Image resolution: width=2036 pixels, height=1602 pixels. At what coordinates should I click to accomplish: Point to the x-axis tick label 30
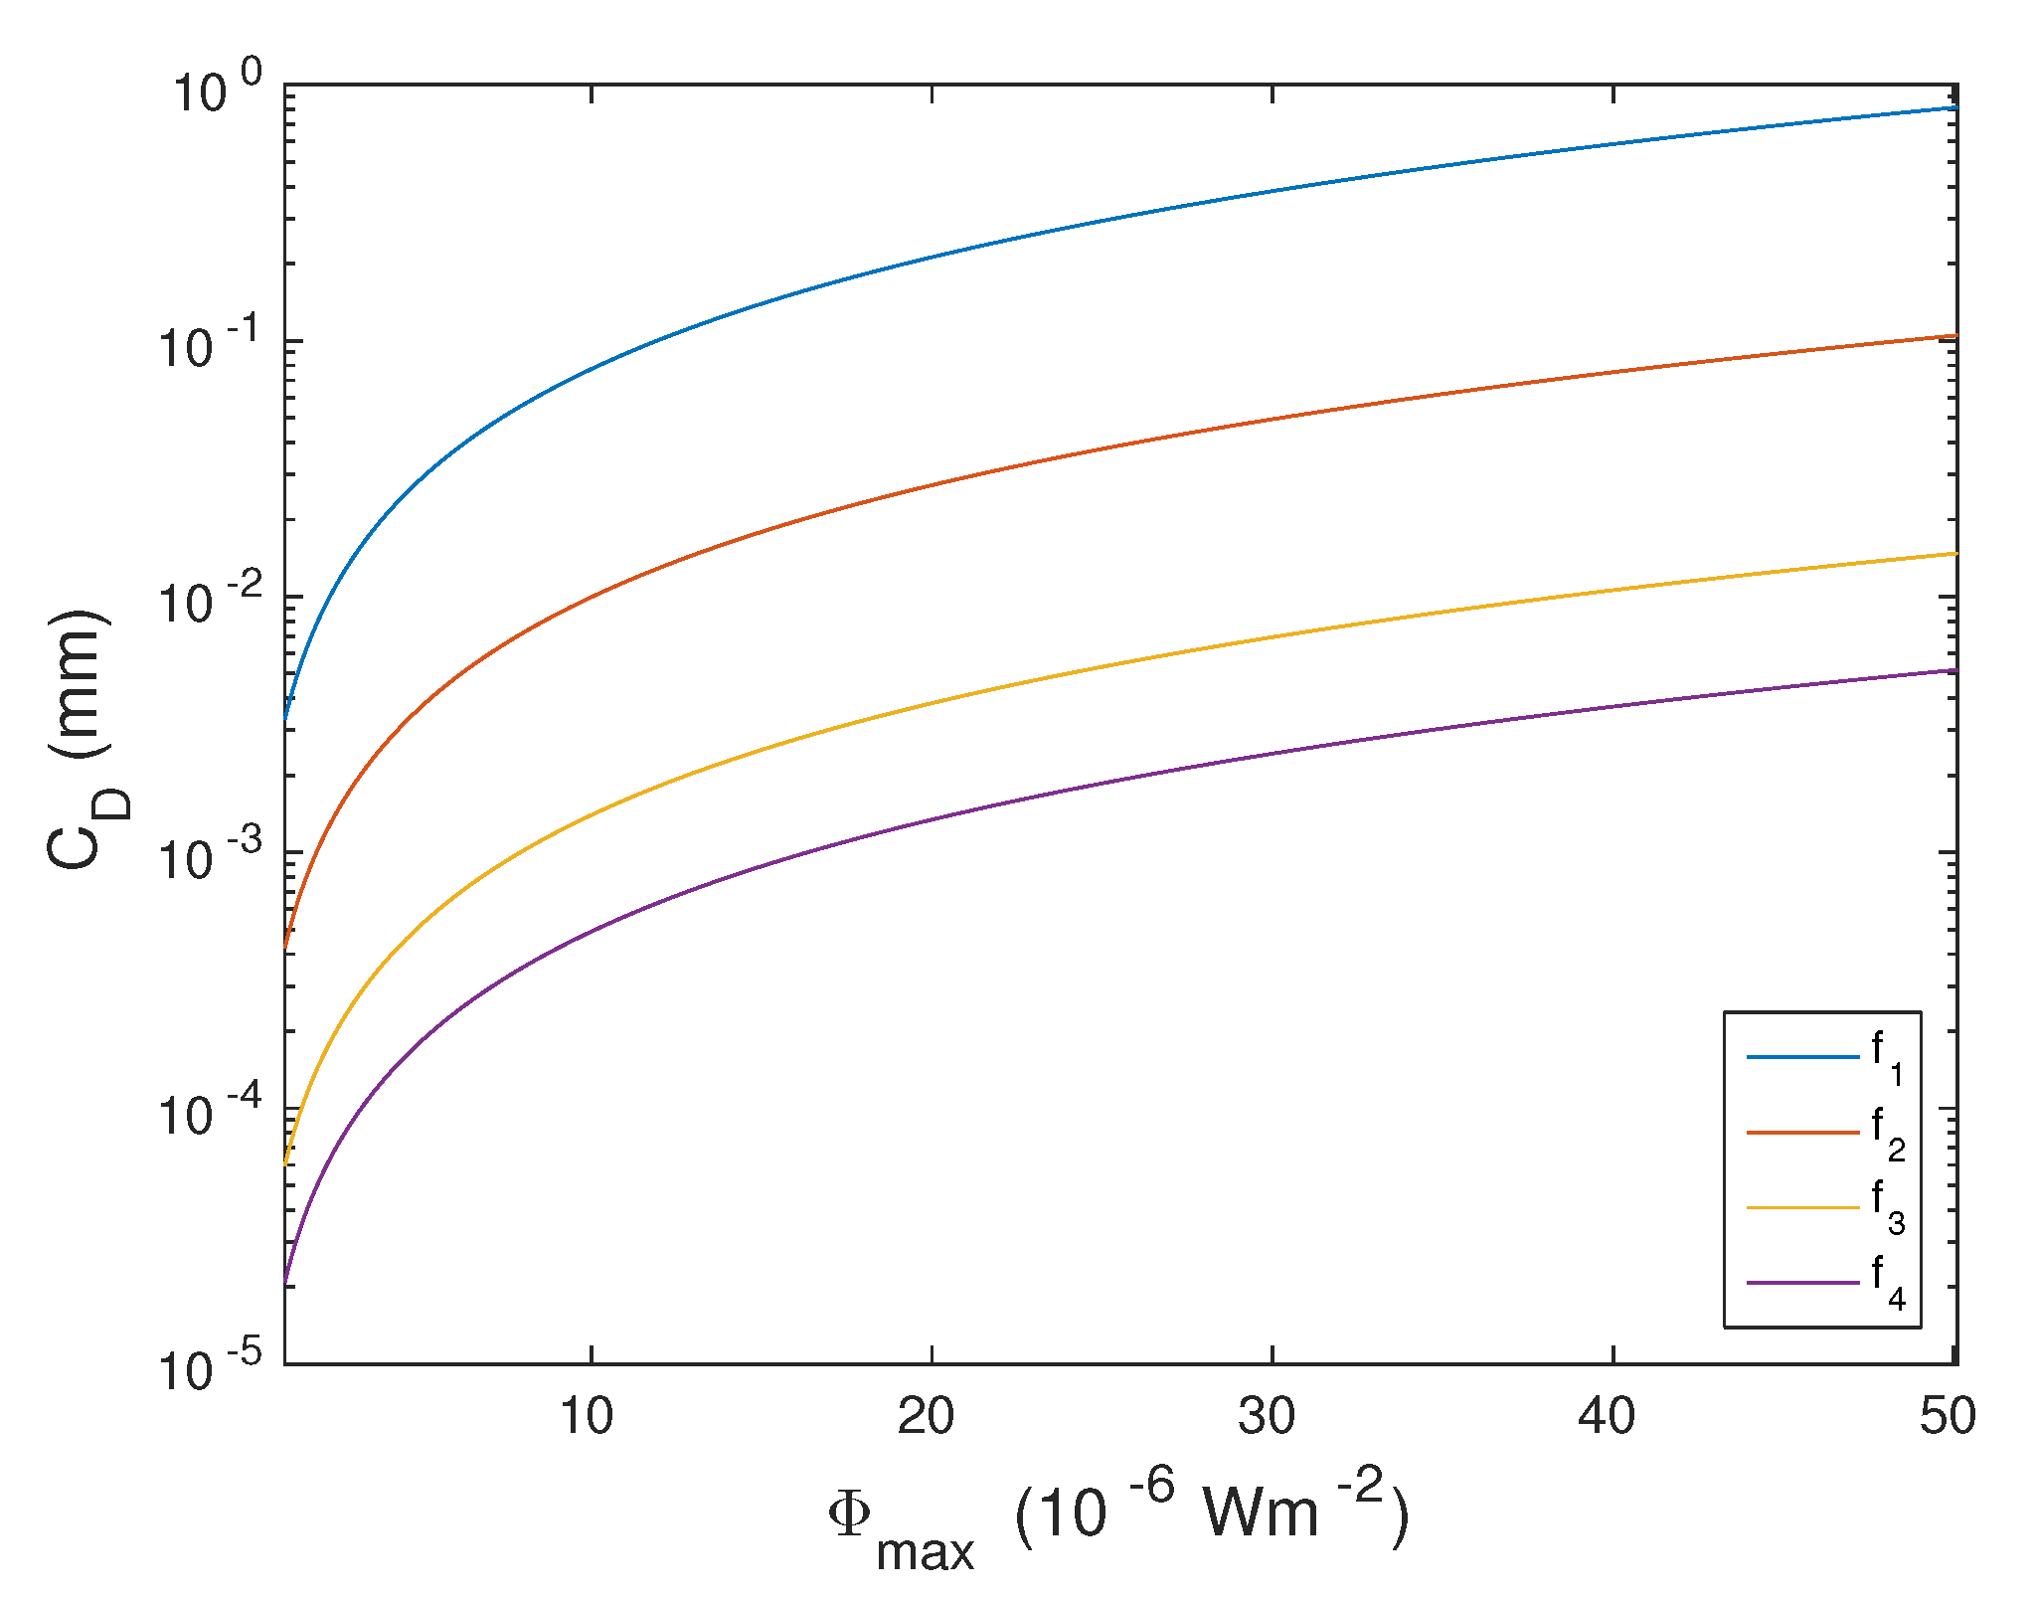pos(1267,1416)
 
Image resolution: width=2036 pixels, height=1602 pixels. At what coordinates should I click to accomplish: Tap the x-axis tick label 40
pos(1607,1416)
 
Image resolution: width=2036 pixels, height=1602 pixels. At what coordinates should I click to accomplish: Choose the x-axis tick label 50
pos(1948,1416)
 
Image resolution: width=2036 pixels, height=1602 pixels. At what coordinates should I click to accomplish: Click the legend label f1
pos(1887,1058)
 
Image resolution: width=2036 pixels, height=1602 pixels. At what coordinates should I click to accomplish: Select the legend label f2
pos(1887,1134)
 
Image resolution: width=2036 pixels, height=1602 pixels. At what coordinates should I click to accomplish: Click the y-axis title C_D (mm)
pos(85,740)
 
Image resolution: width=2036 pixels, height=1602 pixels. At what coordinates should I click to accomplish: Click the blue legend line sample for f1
pos(1803,1056)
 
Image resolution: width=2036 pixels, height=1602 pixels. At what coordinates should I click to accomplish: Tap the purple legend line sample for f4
pos(1803,1283)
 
